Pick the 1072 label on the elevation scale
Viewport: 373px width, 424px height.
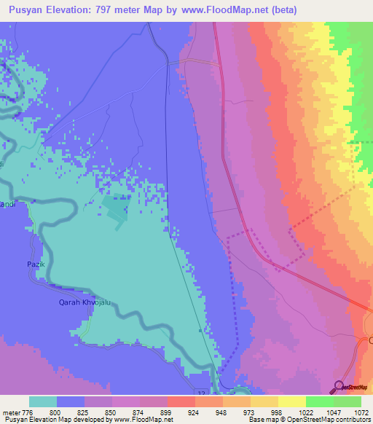tap(361, 412)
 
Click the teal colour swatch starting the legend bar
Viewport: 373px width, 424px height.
tap(43, 401)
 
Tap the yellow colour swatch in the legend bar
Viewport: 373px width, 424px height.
tap(291, 401)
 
